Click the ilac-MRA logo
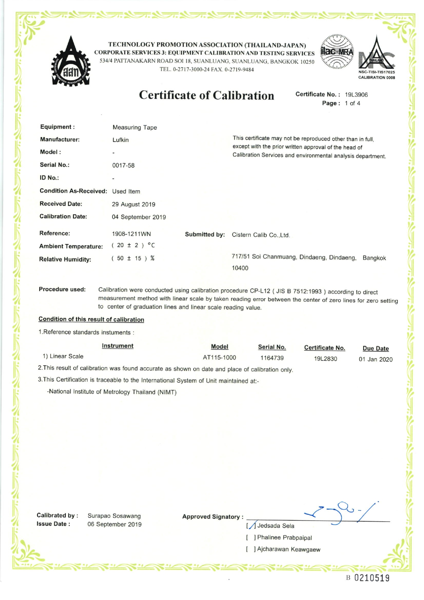pos(337,52)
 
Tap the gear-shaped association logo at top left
pos(71,62)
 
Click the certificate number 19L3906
pos(356,95)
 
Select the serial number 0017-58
pos(123,166)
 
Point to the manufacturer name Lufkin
pos(120,140)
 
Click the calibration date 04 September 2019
pos(139,217)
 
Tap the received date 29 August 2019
pos(133,205)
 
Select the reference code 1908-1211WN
pos(131,234)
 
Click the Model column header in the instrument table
pos(220,347)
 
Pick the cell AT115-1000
pos(220,357)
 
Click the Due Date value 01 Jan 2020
pos(375,360)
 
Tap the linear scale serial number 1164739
pos(272,358)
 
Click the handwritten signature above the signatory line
pos(342,512)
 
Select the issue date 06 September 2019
pos(114,524)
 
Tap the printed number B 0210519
pos(368,578)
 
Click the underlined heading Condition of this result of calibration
pos(91,319)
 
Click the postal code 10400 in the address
pos(240,268)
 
